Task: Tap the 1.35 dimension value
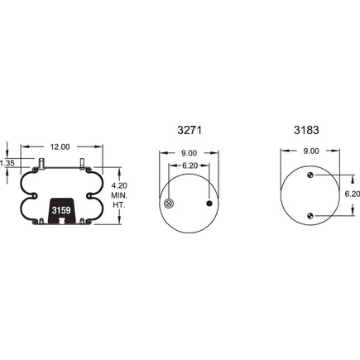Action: [7, 163]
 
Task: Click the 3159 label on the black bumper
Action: [61, 210]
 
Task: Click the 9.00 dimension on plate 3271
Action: [189, 152]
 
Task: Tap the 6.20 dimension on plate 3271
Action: [190, 166]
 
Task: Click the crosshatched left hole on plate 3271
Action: [169, 204]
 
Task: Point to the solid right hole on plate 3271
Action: [209, 204]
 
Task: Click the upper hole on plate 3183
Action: [310, 175]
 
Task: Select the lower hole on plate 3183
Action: [310, 216]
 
